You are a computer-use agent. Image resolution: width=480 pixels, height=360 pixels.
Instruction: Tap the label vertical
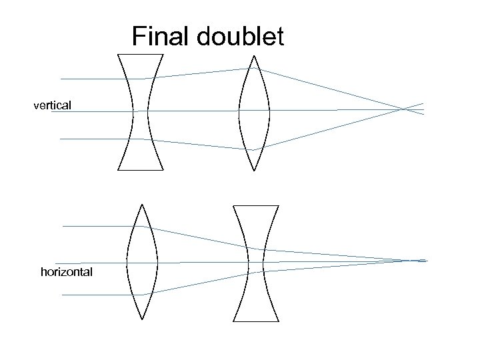[x=53, y=105]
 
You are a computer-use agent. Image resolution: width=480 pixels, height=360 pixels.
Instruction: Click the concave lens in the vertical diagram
[x=141, y=111]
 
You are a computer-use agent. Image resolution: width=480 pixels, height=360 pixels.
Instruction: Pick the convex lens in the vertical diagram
[x=254, y=112]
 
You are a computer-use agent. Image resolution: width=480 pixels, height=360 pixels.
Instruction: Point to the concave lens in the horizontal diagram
[x=256, y=262]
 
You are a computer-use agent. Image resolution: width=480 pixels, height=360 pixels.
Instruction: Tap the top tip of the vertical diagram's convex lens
[x=254, y=57]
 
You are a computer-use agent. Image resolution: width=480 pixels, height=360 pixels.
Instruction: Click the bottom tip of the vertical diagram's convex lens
[x=254, y=169]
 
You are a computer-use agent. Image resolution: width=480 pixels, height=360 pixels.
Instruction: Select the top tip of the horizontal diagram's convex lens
[x=141, y=204]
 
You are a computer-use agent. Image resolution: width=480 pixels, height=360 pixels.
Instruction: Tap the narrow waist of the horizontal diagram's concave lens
[x=256, y=262]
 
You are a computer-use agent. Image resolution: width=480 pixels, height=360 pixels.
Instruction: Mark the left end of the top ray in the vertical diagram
[x=61, y=79]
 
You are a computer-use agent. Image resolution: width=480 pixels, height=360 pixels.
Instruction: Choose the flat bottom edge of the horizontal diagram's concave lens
[x=256, y=320]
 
